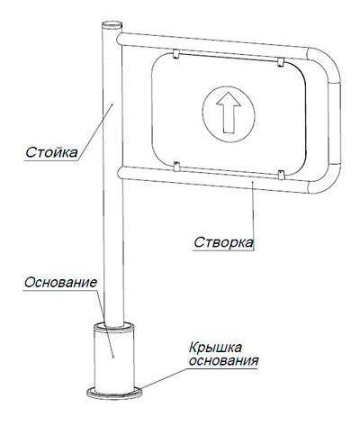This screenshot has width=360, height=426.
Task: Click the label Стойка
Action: [51, 152]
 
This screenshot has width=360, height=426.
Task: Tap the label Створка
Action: [223, 242]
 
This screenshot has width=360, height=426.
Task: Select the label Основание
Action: [60, 283]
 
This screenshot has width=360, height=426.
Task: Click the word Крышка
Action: [215, 348]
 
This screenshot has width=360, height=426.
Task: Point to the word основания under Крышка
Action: [224, 360]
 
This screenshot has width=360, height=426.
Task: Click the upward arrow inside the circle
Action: [229, 113]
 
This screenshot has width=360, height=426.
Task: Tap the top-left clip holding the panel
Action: [175, 54]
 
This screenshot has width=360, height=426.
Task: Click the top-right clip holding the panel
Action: [281, 62]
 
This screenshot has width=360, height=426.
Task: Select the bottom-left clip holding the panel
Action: [176, 167]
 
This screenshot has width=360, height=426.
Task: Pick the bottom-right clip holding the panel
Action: [281, 175]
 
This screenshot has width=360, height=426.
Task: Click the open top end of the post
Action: [112, 24]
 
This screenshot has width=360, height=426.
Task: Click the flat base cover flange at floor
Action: [114, 394]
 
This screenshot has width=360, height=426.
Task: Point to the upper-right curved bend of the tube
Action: [327, 61]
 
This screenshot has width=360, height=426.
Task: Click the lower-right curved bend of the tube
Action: [326, 180]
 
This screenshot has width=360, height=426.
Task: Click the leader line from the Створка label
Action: [253, 215]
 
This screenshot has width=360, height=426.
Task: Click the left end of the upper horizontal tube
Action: [120, 40]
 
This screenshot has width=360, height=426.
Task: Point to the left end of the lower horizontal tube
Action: [121, 173]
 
